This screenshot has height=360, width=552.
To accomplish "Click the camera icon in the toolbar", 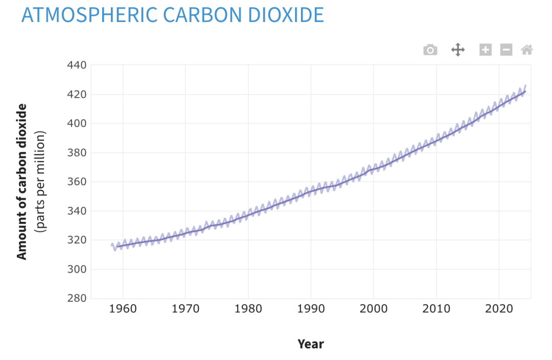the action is [430, 50].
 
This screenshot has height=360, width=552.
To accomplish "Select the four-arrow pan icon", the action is [457, 50].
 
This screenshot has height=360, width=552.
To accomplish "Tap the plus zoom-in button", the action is [486, 50].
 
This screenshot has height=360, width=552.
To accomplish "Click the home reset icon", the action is [526, 50].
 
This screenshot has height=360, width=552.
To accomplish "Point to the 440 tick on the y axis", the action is [76, 65].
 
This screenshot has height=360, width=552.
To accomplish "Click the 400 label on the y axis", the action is [76, 124].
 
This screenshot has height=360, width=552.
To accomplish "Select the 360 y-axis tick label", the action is [76, 182].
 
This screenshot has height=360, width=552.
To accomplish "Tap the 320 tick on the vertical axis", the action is [76, 240].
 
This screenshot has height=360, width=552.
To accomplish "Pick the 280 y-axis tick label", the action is [76, 298].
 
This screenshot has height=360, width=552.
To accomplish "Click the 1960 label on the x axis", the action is [123, 309].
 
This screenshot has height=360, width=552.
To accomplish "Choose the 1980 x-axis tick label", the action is [248, 309].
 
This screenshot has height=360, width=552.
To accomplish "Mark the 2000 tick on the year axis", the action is [374, 309].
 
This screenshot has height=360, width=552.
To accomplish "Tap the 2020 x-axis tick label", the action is [499, 309].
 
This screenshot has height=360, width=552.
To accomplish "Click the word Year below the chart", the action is [311, 344].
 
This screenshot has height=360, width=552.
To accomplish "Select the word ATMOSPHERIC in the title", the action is [89, 15].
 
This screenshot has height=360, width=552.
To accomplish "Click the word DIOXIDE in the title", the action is [286, 15].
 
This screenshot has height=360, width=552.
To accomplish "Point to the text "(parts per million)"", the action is [40, 182].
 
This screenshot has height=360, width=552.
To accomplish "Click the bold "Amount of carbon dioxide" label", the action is [22, 182].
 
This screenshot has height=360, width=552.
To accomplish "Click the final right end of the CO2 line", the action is [525, 85].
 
